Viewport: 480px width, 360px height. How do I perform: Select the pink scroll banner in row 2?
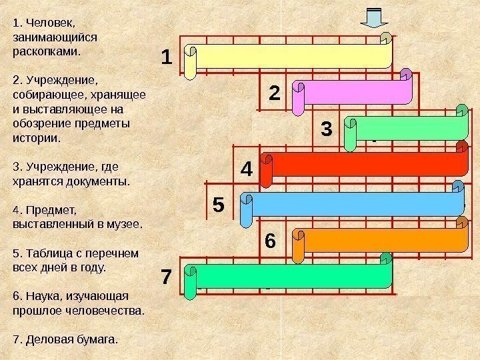[355, 92]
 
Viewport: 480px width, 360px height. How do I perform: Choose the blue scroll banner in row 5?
[352, 203]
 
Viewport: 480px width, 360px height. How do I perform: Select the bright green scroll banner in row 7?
[288, 275]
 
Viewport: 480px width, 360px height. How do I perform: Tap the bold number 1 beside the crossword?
[167, 57]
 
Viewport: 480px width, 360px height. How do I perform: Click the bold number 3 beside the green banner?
[326, 128]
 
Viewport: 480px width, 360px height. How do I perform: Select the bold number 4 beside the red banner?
[247, 168]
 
